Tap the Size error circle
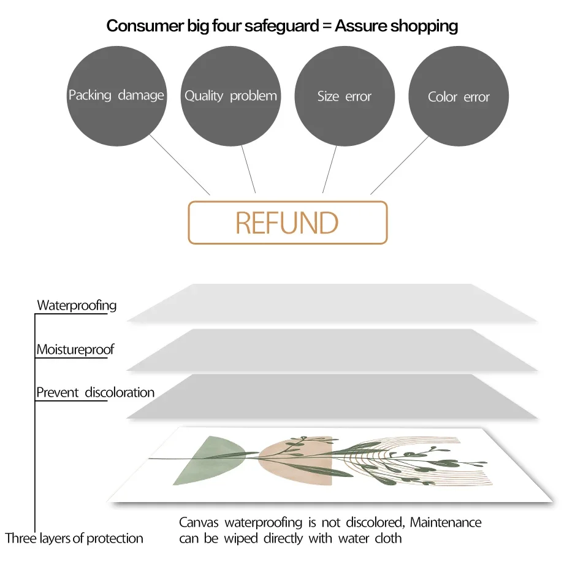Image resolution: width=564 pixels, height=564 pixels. [345, 96]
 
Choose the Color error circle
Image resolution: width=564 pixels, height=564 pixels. [459, 97]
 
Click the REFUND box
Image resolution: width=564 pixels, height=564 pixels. [288, 223]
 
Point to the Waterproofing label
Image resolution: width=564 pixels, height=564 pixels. [77, 305]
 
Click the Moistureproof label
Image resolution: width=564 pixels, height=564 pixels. [75, 350]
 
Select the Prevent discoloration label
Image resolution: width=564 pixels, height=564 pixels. [95, 392]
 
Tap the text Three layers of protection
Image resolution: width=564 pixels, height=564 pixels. [74, 539]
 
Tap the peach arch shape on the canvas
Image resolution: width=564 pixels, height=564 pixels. [294, 463]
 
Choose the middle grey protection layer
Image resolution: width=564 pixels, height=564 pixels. [331, 349]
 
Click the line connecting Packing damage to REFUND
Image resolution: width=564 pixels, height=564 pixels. [180, 164]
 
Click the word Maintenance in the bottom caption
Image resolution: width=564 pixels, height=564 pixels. [446, 523]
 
